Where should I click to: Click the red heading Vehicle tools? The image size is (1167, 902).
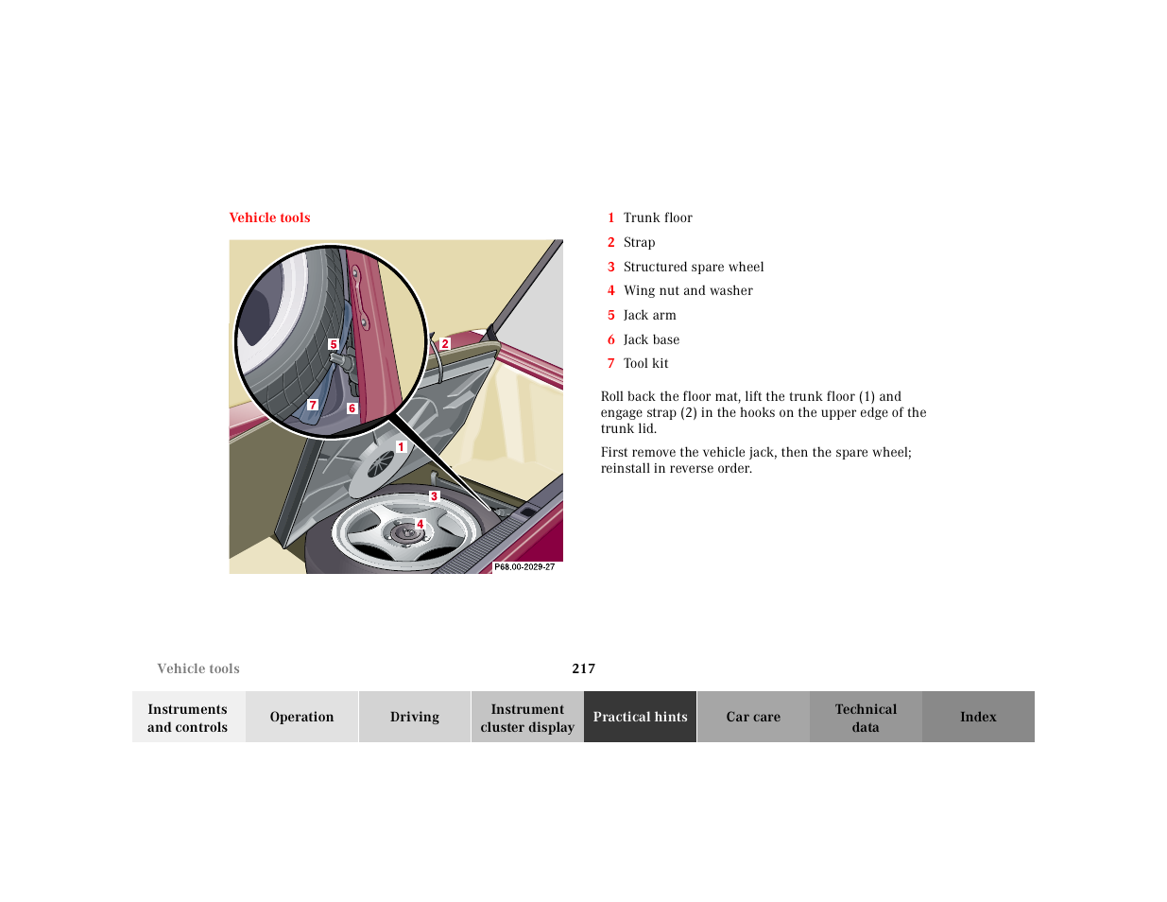pos(269,217)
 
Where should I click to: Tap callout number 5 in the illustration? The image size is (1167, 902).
pos(333,344)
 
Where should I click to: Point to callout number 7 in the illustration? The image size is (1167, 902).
pos(313,405)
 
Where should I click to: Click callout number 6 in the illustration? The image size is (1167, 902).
pos(352,408)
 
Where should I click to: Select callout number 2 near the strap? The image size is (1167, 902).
pos(445,344)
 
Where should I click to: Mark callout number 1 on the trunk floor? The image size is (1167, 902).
pos(401,447)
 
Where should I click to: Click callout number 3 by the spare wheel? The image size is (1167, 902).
pos(434,496)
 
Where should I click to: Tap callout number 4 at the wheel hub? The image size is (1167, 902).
pos(420,524)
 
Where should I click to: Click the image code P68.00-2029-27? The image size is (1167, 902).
pos(524,567)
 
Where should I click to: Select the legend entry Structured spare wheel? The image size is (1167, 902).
pos(693,267)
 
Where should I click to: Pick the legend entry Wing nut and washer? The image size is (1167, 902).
pos(687,290)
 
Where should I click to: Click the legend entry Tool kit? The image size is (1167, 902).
pos(645,363)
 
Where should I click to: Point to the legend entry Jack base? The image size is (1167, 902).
pos(651,339)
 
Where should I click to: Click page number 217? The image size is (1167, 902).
pos(583,668)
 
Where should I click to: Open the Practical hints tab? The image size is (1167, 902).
pos(640,717)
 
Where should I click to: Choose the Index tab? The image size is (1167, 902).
pos(978,717)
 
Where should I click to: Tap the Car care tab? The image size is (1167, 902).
pos(753,717)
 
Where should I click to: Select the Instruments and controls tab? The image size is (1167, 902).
pos(188,717)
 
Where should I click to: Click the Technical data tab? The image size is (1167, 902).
pos(866,717)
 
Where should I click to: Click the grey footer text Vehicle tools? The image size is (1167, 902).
pos(198,668)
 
